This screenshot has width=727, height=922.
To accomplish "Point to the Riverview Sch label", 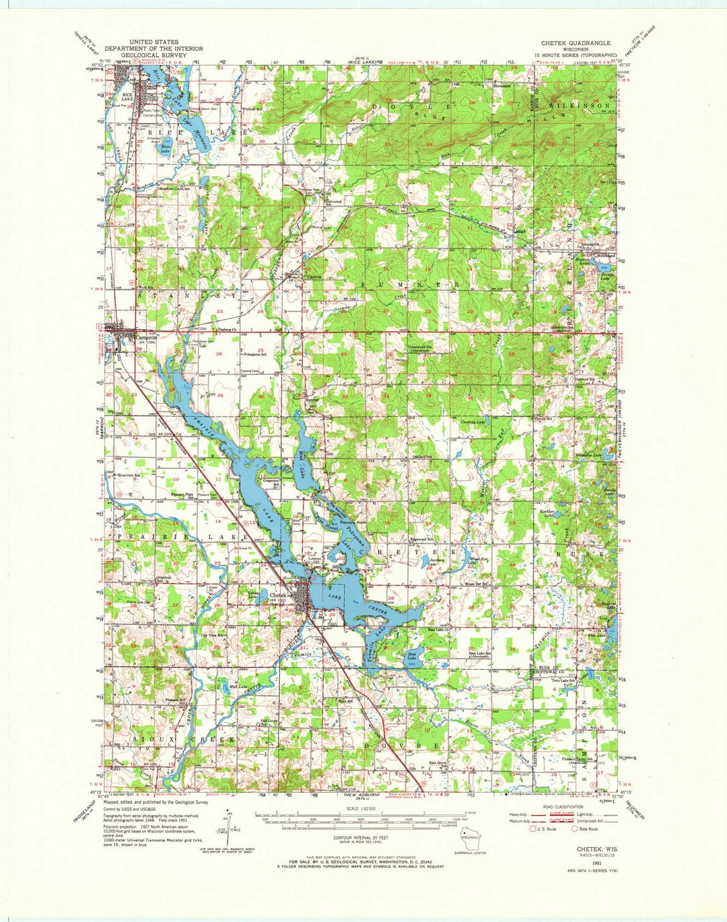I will point(128,476).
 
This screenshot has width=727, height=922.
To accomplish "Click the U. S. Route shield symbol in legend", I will point(532,828).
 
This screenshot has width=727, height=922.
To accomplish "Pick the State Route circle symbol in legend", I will point(574,828).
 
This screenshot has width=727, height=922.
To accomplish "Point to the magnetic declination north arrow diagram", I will point(231,826).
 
